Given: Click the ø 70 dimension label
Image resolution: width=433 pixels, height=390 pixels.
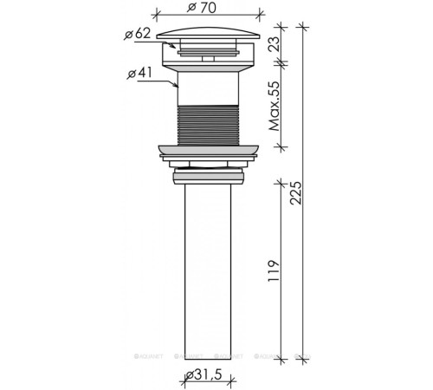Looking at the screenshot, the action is pyautogui.click(x=201, y=8).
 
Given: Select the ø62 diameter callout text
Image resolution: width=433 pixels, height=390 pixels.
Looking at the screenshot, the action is pyautogui.click(x=138, y=34).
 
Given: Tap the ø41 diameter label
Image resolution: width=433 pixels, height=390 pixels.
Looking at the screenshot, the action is pyautogui.click(x=139, y=73).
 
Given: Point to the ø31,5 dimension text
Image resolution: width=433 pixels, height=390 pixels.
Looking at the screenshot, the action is pyautogui.click(x=204, y=374).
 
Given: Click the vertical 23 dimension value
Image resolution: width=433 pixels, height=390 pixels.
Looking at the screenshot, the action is pyautogui.click(x=275, y=43).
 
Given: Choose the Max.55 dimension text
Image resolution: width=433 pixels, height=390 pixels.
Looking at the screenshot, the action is pyautogui.click(x=275, y=106).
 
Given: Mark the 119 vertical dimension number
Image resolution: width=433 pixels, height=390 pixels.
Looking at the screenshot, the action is pyautogui.click(x=274, y=270).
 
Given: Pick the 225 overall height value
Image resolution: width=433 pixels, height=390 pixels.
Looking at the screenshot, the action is pyautogui.click(x=296, y=193).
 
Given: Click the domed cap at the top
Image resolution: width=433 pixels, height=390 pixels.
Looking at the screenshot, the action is pyautogui.click(x=208, y=33).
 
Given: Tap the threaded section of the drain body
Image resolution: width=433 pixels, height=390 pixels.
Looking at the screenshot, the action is pyautogui.click(x=208, y=126).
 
